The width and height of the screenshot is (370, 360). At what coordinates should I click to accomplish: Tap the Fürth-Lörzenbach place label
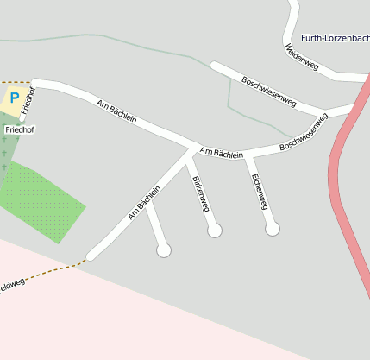tap(336, 38)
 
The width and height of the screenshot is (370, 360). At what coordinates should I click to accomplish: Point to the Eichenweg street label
tap(259, 192)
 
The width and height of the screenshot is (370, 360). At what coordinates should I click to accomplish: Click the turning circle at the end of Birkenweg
tap(215, 231)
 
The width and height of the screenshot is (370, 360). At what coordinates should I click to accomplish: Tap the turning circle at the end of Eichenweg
tap(273, 229)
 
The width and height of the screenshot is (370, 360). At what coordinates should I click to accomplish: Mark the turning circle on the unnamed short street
tap(163, 250)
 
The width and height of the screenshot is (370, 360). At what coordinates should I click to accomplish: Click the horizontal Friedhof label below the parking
tap(18, 129)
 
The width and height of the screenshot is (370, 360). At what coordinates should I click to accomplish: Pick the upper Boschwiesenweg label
tap(269, 92)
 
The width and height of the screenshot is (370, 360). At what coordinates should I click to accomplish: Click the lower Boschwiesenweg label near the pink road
tap(304, 134)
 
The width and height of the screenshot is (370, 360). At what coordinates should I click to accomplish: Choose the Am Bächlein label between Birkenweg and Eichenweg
tap(221, 153)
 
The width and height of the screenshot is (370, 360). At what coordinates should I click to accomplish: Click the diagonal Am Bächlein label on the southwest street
tap(144, 203)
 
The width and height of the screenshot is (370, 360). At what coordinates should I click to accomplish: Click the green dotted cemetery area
tap(43, 199)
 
